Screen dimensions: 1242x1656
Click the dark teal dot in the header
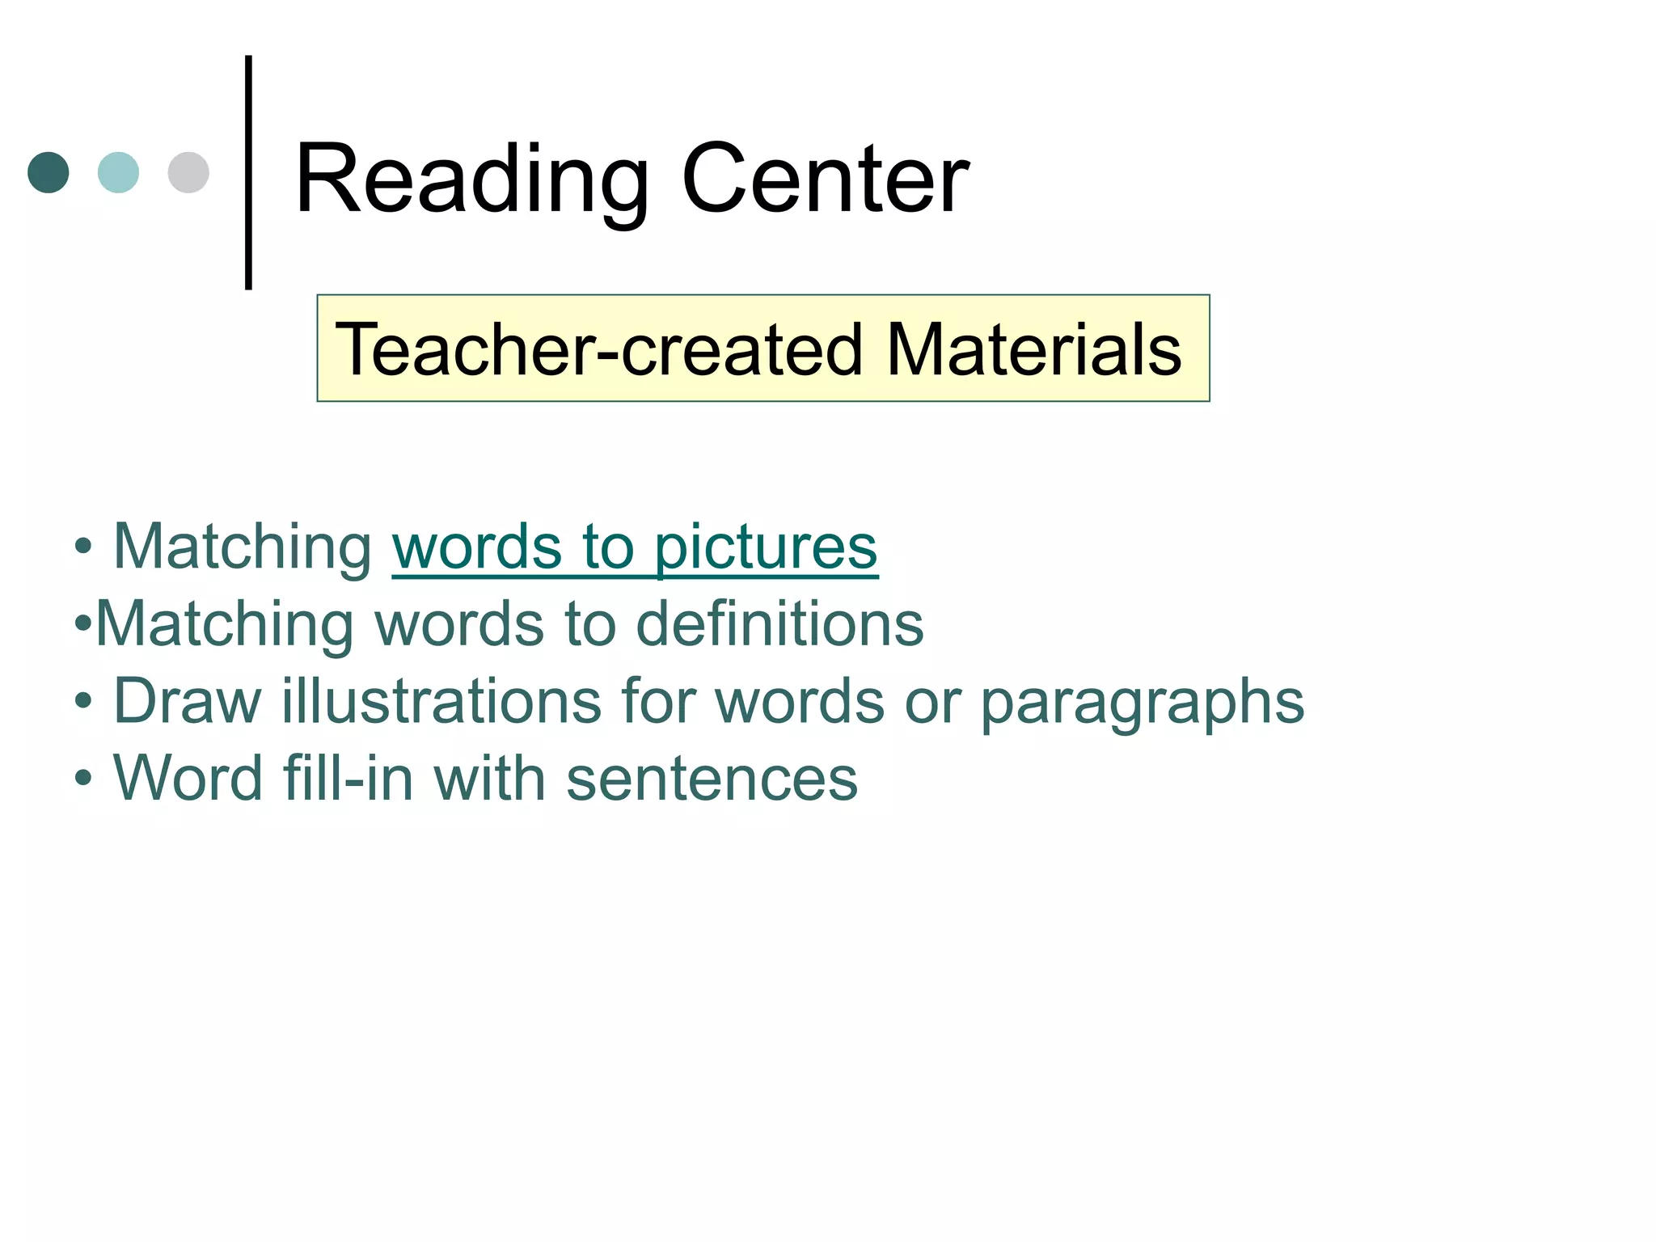click(49, 172)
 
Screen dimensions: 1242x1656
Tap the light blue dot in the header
click(118, 172)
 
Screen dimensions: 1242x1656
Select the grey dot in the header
click(188, 172)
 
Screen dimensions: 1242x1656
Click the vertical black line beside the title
click(248, 172)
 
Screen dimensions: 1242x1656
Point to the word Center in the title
click(825, 180)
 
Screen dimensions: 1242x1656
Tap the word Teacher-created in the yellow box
click(599, 349)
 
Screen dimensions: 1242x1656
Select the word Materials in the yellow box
click(1034, 349)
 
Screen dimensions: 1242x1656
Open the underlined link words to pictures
click(635, 547)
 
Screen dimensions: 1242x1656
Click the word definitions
click(779, 624)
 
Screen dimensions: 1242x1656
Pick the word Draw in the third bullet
click(188, 700)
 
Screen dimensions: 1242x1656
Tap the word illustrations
click(441, 700)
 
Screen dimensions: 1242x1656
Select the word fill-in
click(348, 778)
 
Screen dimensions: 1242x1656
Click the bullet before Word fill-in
click(83, 779)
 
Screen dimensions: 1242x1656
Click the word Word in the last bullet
click(188, 778)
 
